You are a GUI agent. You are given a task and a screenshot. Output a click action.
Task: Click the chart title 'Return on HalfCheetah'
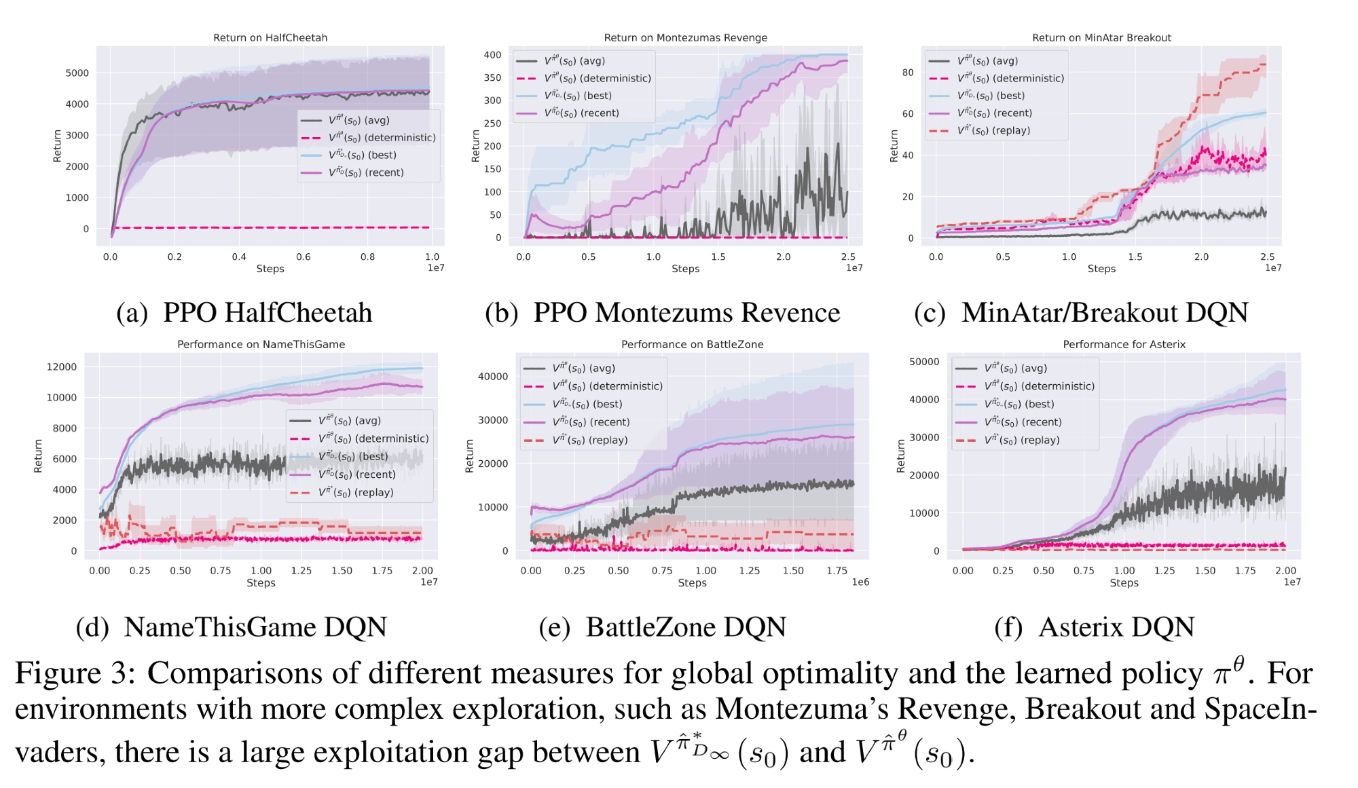(x=270, y=37)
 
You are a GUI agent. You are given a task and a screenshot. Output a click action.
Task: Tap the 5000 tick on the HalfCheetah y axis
(x=77, y=73)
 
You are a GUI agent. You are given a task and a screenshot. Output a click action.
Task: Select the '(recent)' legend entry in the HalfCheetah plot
(x=366, y=172)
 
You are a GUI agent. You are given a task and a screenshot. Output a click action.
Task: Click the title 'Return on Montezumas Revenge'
(x=685, y=37)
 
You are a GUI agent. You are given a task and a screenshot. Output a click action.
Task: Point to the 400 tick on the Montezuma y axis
(x=492, y=55)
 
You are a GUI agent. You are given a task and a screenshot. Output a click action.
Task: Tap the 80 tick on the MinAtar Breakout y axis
(x=908, y=73)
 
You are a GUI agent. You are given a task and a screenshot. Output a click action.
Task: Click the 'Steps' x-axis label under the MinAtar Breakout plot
(x=1101, y=269)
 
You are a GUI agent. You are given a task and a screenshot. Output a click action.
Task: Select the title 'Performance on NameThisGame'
(x=261, y=344)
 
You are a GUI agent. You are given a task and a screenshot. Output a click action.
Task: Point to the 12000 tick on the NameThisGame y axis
(x=61, y=367)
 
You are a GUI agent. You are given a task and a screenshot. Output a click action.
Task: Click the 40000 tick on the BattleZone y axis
(x=493, y=377)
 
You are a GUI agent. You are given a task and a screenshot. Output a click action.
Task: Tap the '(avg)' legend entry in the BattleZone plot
(x=583, y=368)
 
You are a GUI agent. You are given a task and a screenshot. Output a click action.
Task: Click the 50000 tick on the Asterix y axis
(x=924, y=362)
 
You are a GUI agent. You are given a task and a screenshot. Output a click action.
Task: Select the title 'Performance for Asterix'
(x=1124, y=344)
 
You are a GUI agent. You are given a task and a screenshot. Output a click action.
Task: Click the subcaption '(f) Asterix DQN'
(x=1094, y=626)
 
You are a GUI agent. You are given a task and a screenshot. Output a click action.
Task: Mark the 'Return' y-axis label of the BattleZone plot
(x=469, y=455)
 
